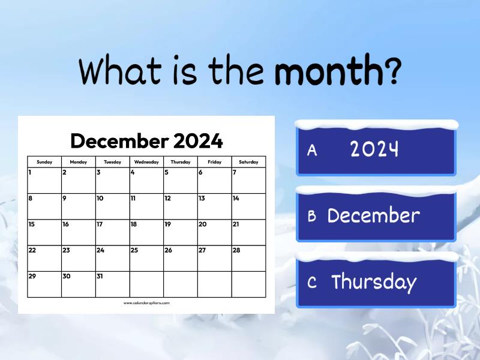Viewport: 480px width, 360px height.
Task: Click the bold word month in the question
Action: pos(328,72)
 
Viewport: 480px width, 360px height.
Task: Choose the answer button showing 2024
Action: pos(376,149)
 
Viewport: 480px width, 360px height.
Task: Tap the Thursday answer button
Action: pos(376,282)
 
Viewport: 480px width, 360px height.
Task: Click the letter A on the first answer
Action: pos(312,151)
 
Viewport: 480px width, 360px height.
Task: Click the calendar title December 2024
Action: pos(146,142)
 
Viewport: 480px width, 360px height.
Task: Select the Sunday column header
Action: pos(44,162)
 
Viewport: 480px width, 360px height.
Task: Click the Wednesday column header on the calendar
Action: pos(146,162)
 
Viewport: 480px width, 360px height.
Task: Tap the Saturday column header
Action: pos(248,162)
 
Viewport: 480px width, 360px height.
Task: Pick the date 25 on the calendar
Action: pos(134,250)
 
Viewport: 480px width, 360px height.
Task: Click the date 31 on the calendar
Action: pos(100,276)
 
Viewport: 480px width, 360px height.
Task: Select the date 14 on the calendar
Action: pos(236,199)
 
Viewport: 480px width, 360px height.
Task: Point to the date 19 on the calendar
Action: pos(168,224)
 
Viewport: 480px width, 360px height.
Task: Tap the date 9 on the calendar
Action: pos(64,199)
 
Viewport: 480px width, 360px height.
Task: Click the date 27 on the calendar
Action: pos(202,250)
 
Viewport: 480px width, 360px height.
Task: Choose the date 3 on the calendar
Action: pos(98,173)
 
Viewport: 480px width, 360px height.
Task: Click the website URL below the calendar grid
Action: pos(146,303)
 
